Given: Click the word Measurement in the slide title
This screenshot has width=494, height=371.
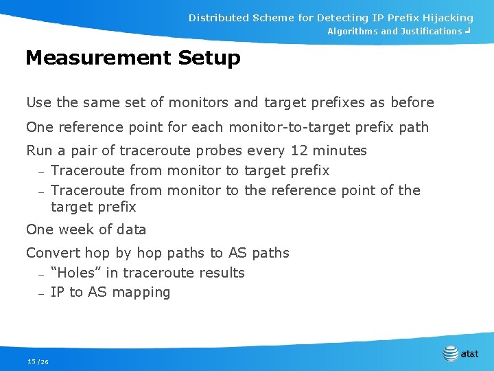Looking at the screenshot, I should pos(98,58).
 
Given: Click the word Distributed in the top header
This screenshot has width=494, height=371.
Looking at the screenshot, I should pos(219,18).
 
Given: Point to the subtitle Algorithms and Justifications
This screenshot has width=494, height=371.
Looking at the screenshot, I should pos(395,32).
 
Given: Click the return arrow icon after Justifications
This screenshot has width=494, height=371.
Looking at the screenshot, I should pos(467,32).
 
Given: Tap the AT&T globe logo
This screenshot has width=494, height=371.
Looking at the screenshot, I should pos(450,353).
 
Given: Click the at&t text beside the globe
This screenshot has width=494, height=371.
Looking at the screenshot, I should pos(470,355).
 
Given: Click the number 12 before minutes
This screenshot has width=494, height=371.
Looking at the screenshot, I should pos(300,150).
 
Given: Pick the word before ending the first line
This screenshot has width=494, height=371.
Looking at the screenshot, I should pos(412,103).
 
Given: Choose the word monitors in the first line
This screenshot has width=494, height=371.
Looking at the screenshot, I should pos(198,103).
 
